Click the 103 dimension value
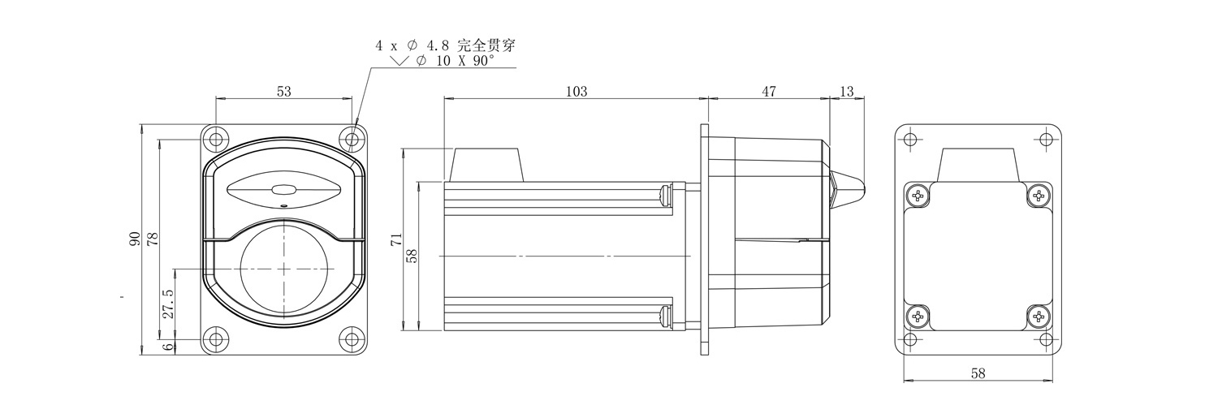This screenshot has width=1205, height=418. point(577,92)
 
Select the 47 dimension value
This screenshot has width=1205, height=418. point(769,92)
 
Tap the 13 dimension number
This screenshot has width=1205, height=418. point(846,92)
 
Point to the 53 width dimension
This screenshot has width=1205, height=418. point(283,92)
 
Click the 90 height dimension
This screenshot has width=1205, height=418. point(135,239)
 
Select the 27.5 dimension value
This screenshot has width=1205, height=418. point(168,304)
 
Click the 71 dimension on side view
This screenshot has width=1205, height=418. point(396,239)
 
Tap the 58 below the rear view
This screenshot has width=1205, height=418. point(978,373)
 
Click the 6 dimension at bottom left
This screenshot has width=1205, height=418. point(168,347)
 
